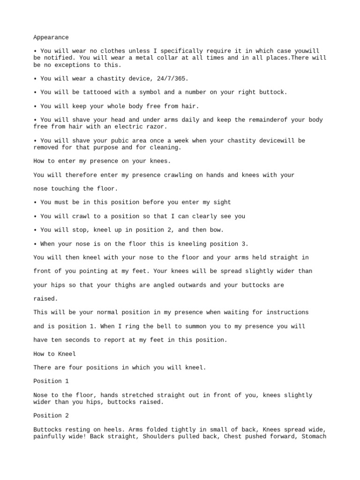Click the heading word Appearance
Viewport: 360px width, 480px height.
coord(51,37)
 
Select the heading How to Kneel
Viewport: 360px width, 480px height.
coord(54,354)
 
